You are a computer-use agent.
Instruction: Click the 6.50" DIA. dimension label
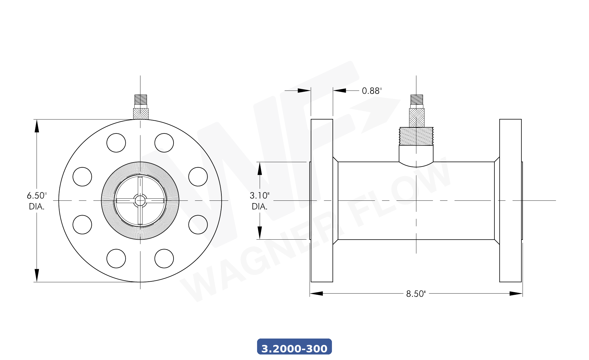pos(37,201)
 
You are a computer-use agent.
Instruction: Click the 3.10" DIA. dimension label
pos(259,201)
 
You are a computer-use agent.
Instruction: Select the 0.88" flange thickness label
pos(372,91)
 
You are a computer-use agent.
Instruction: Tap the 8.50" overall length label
pos(416,294)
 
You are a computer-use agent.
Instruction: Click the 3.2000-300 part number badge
pos(294,347)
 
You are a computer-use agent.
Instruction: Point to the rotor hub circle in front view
pos(140,200)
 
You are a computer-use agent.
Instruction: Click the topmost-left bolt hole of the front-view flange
pos(116,143)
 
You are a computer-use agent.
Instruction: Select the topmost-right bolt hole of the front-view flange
pos(164,143)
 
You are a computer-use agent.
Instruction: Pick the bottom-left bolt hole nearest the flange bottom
pos(116,258)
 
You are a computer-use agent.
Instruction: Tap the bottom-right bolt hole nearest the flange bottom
pos(164,258)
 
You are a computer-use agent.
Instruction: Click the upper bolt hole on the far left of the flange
pos(82,177)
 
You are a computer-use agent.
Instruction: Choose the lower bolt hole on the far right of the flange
pos(198,225)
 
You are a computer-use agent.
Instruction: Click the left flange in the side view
pos(322,200)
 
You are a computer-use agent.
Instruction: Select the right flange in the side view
pos(510,200)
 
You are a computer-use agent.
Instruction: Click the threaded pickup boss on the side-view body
pos(416,136)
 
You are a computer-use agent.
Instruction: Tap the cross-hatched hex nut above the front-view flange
pos(141,113)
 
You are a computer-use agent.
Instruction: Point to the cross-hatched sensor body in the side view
pos(417,117)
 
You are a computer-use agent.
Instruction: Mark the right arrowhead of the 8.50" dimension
pos(516,294)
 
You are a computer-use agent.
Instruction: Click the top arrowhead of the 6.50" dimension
pos(37,126)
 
